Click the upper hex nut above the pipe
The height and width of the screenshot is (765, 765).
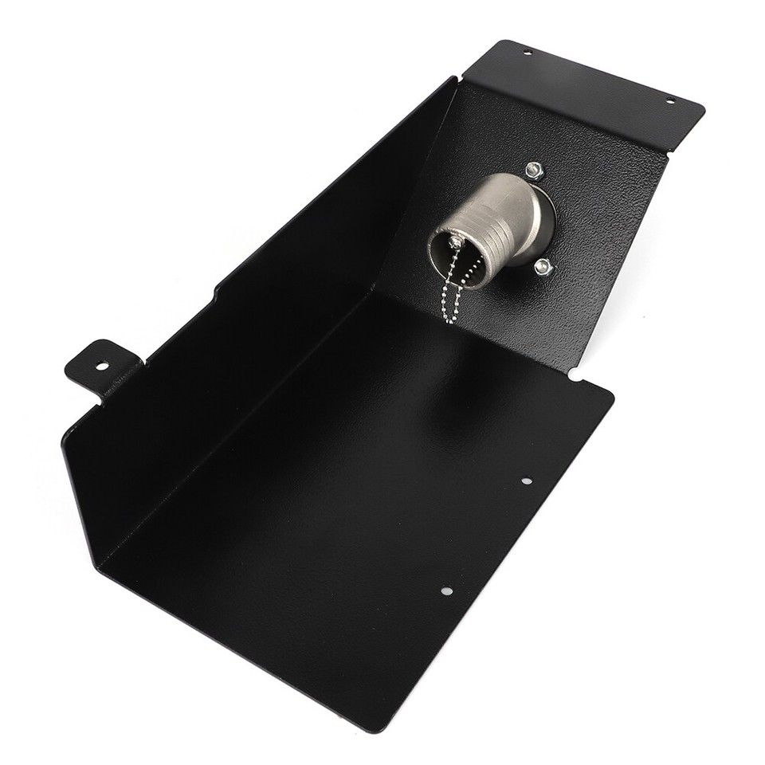tap(534, 169)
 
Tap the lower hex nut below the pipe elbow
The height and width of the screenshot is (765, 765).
tap(543, 267)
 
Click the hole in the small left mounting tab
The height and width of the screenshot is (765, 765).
tap(102, 366)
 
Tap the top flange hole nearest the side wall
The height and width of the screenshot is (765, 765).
tap(527, 53)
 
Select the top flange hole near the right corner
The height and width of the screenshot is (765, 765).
tap(669, 100)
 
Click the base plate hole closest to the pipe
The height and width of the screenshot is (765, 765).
tap(526, 481)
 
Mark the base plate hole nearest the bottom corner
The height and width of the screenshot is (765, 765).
tap(446, 590)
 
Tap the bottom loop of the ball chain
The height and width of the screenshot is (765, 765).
tap(450, 319)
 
